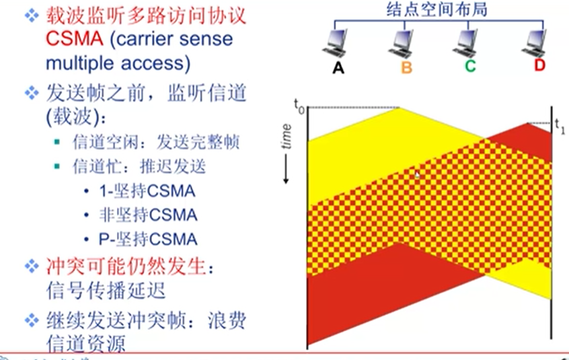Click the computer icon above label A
pos(338,42)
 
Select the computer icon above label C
pos(469,42)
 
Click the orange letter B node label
pos(406,67)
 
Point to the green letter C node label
pos(470,67)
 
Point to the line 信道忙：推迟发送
pos(139,166)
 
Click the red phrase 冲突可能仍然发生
pos(124,267)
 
